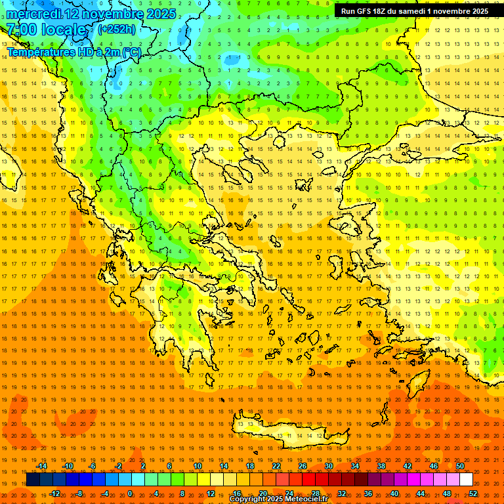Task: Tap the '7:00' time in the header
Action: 22,30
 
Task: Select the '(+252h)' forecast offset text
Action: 117,29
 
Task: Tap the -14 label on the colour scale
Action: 42,466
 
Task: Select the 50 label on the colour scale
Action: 460,466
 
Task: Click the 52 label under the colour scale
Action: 473,493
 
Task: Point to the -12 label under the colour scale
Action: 55,493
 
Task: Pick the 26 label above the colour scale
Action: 303,466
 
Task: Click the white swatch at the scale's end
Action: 466,480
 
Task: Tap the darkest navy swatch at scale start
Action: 33,480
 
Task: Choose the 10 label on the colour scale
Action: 198,466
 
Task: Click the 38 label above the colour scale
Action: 381,466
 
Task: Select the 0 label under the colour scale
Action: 130,493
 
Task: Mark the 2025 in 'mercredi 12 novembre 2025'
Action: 159,14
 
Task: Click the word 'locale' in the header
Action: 64,30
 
